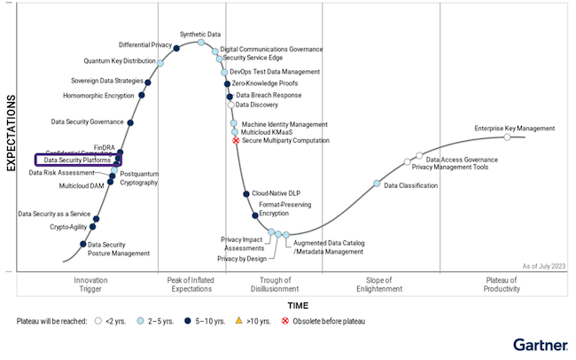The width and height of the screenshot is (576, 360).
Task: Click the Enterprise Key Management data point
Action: coord(508,137)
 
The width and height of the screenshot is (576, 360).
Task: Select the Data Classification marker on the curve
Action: coord(377,184)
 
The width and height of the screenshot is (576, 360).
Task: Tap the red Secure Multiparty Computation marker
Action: coord(236,140)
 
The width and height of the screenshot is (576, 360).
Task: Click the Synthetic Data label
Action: coord(200,35)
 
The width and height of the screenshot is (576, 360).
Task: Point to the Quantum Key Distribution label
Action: coord(120,61)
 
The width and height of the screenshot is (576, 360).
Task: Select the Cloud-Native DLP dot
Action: coord(245,193)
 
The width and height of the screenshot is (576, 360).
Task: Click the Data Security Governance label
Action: coord(87,121)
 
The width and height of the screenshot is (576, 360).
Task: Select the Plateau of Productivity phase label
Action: coord(501,285)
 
